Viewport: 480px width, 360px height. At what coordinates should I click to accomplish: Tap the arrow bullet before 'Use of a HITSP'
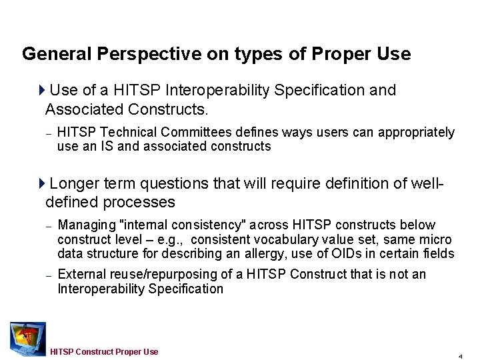pos(43,90)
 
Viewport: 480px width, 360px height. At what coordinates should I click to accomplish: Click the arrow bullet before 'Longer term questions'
pos(43,183)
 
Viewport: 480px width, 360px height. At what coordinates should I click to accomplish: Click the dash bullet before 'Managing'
pos(48,226)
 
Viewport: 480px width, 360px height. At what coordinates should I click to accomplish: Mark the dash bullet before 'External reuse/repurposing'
pos(48,275)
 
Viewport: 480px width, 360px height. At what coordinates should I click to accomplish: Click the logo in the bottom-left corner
pos(27,338)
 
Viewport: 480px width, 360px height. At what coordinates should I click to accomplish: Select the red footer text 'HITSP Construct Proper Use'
pos(105,351)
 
